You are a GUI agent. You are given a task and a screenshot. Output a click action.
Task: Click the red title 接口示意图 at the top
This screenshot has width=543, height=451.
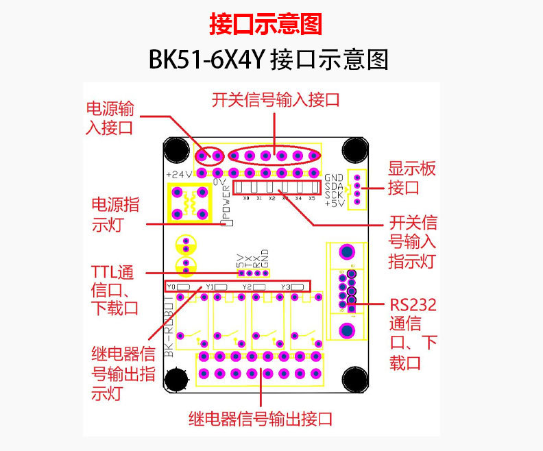265,25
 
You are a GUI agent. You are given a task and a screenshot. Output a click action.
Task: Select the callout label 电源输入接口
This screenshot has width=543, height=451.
110,118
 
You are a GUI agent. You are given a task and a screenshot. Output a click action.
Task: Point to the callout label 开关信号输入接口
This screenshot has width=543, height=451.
276,100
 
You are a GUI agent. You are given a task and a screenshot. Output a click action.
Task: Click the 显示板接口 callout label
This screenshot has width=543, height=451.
412,178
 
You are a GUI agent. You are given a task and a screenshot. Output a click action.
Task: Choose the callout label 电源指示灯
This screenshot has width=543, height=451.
116,214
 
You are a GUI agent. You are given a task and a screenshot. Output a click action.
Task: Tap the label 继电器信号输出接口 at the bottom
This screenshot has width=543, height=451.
261,418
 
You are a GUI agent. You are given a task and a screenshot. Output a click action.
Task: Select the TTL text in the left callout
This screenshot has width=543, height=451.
104,271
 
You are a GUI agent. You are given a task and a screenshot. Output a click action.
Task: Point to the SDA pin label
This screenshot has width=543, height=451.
334,186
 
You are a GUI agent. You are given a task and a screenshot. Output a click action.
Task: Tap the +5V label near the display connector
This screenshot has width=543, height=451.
334,204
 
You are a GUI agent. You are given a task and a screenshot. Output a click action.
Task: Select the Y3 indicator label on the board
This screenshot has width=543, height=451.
286,286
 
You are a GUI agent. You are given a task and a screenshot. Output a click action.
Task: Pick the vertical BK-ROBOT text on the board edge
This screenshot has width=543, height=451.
169,328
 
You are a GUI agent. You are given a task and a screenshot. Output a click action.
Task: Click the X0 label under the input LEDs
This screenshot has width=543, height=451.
245,198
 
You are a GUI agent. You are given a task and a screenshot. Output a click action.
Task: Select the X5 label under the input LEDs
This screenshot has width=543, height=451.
312,198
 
